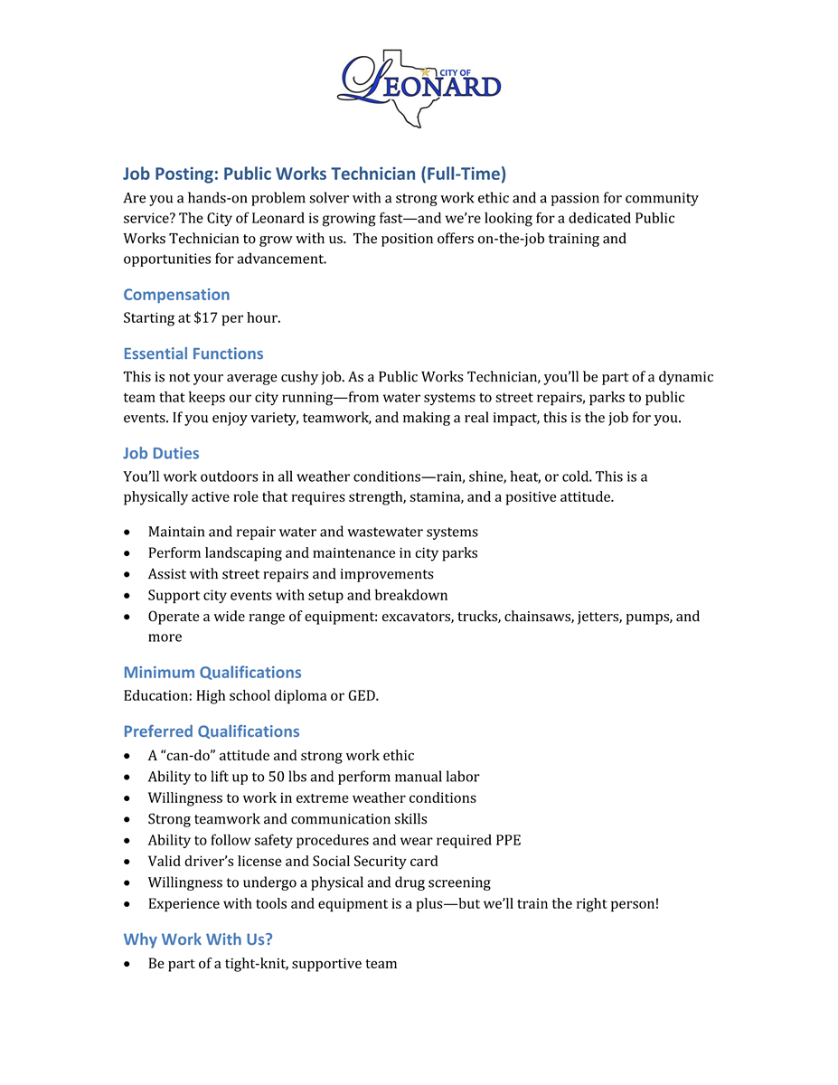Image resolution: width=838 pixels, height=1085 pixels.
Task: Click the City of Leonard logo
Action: (419, 87)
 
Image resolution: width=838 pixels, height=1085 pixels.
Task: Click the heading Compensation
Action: (176, 295)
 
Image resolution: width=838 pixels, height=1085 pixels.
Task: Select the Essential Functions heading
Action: (193, 354)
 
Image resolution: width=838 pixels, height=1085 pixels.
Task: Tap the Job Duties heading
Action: (161, 453)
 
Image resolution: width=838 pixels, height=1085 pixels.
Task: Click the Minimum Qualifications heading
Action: (212, 673)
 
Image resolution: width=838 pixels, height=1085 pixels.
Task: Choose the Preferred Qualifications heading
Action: (212, 731)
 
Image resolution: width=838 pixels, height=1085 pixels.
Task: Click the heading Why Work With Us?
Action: (198, 939)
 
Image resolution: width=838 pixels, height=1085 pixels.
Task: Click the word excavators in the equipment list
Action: (415, 617)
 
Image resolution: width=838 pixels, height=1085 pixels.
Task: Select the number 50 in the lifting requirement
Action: (277, 777)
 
